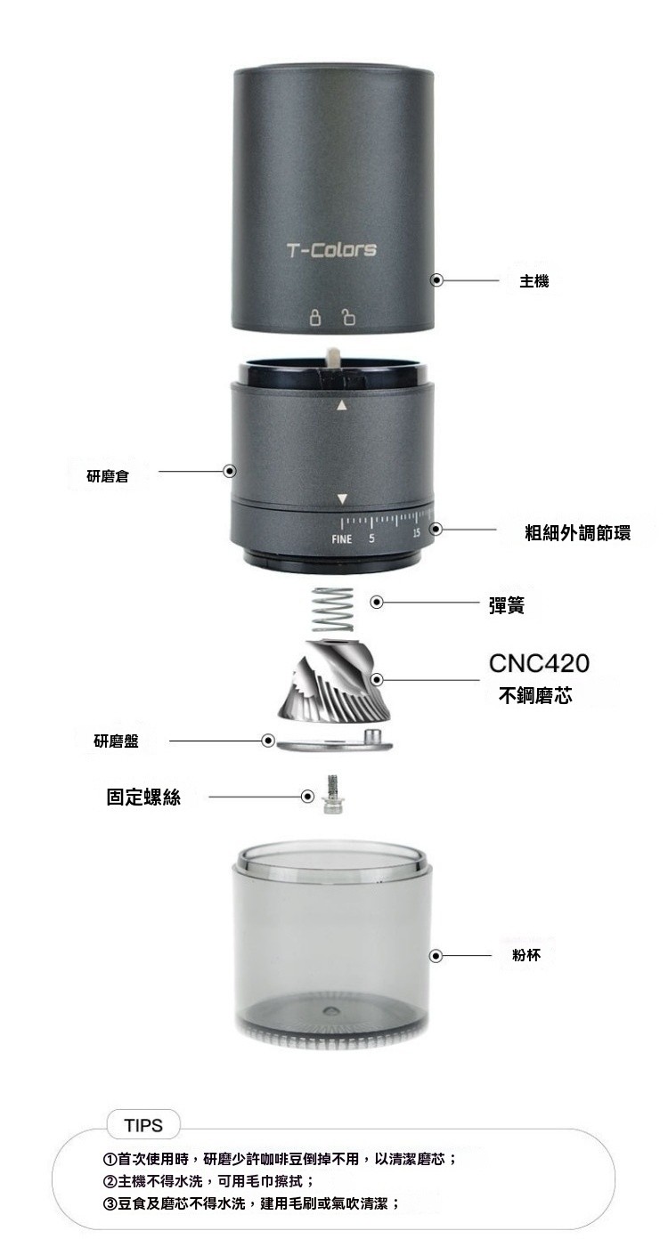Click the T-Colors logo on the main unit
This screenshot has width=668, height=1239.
click(331, 250)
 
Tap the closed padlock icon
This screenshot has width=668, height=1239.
click(315, 317)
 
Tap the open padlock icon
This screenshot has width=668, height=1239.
click(348, 317)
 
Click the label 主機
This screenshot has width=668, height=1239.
click(534, 281)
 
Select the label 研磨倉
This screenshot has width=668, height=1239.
click(108, 475)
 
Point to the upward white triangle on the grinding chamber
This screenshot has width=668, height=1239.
click(342, 406)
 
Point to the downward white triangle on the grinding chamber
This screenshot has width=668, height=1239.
click(342, 499)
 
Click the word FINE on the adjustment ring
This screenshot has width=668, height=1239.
click(341, 539)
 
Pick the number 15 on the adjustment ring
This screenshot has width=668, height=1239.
click(416, 532)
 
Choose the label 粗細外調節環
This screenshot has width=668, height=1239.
click(578, 532)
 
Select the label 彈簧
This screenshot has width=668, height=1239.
click(507, 605)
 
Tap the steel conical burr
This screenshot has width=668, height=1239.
click(334, 679)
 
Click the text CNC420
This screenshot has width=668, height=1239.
click(539, 663)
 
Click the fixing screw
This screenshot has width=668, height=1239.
click(332, 794)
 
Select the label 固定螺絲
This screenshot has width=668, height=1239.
click(143, 797)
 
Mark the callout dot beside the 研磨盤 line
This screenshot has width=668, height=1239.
click(268, 741)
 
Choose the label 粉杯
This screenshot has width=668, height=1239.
click(526, 955)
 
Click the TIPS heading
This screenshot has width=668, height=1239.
click(143, 1126)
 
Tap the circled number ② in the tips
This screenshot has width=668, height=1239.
click(110, 1182)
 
